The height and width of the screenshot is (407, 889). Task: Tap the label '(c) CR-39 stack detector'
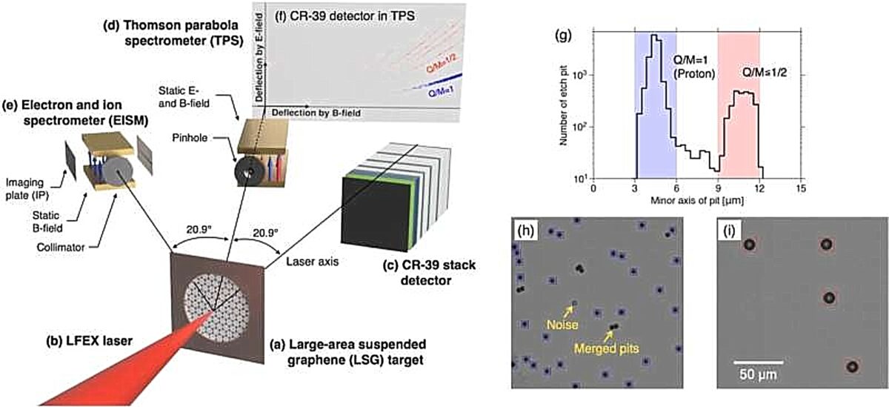coord(429,273)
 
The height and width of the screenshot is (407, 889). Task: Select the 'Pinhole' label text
coord(190,138)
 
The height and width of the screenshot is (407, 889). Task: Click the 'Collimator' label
coord(60,248)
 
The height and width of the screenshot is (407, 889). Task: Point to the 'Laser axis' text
coord(313,262)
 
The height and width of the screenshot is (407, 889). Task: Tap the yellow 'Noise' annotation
coord(562,325)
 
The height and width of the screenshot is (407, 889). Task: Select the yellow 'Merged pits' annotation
coord(607,348)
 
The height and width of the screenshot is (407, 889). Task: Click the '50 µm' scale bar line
coord(758,362)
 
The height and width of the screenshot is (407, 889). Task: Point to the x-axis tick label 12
coord(759,188)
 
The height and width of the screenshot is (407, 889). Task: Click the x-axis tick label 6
coord(676,188)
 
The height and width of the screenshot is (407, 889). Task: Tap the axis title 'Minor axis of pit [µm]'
coord(697,200)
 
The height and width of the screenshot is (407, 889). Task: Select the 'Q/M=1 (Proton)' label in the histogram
coord(693,67)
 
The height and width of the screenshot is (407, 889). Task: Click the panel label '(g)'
coord(564,36)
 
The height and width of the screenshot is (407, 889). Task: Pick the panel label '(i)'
coord(730,231)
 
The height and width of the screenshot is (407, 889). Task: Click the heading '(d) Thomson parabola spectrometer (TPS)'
coord(173,33)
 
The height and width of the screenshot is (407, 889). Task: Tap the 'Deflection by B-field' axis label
coord(316,113)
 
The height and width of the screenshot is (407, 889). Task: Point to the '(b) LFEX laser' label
coord(89,341)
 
